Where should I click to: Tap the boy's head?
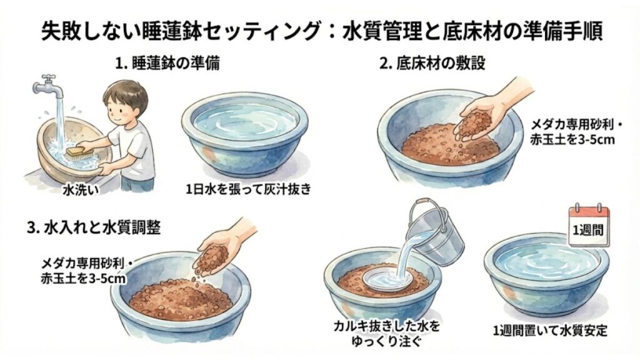point(125,100)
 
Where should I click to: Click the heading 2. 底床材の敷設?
point(433,64)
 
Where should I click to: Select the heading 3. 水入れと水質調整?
point(94,226)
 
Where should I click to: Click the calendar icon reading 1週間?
point(587,227)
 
